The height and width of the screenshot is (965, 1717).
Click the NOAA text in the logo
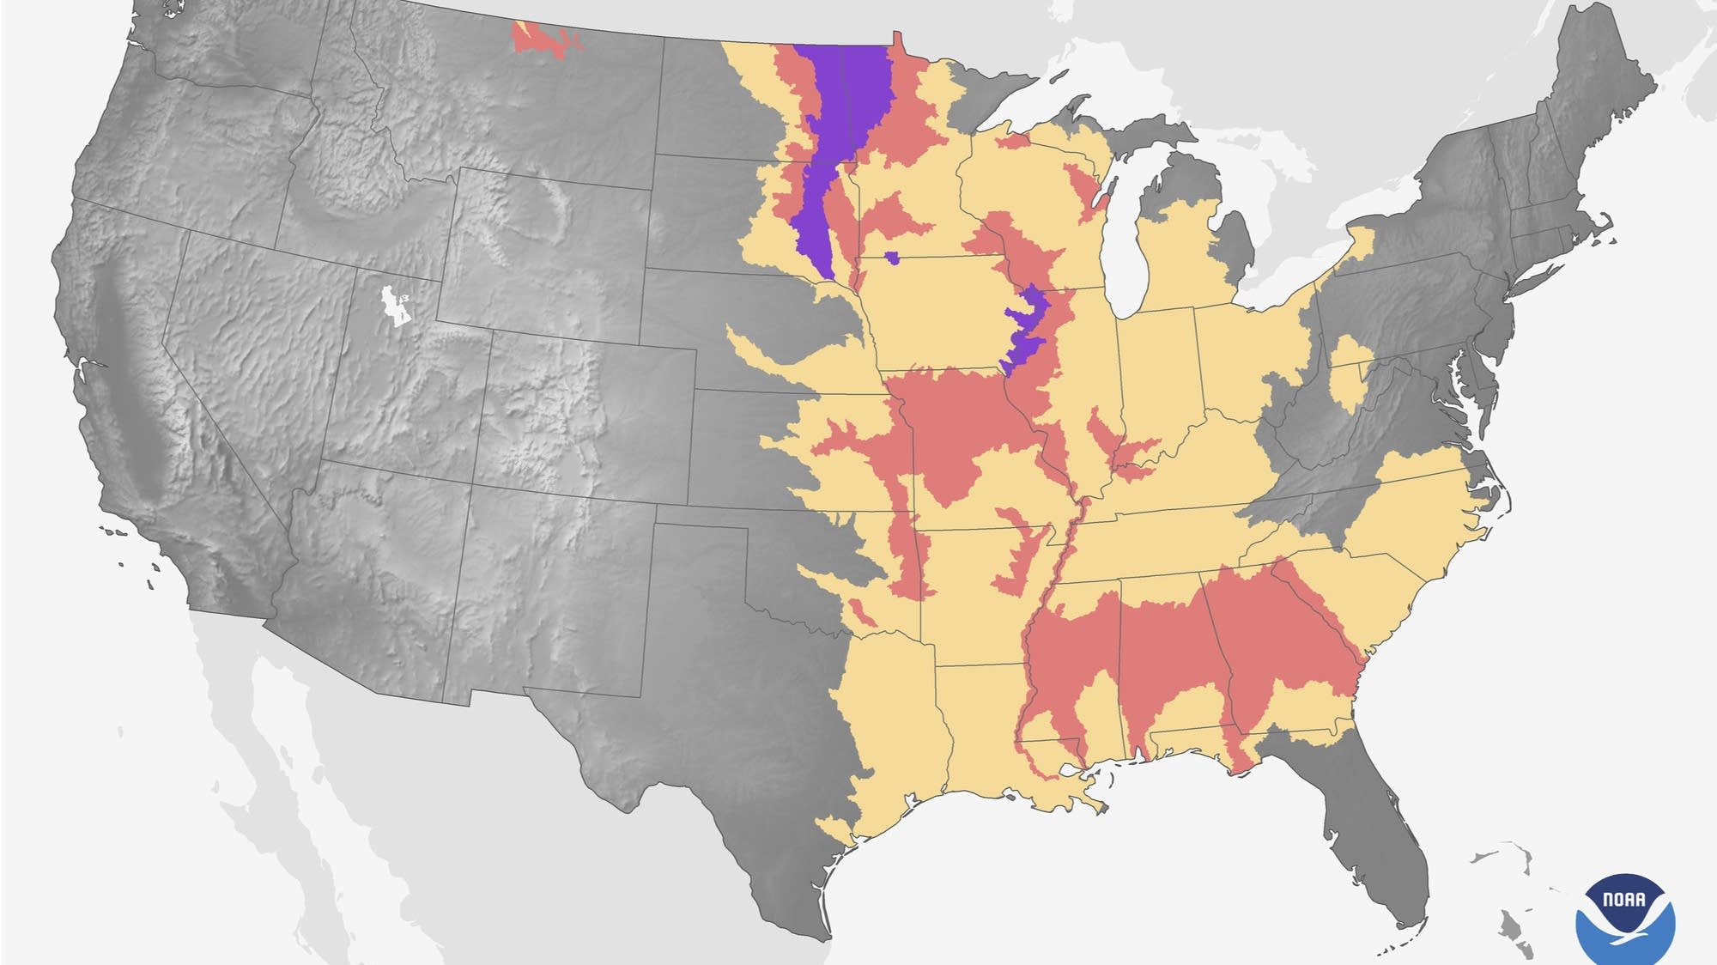point(1624,900)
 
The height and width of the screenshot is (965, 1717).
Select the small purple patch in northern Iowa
point(893,257)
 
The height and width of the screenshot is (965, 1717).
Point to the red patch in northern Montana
point(541,39)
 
